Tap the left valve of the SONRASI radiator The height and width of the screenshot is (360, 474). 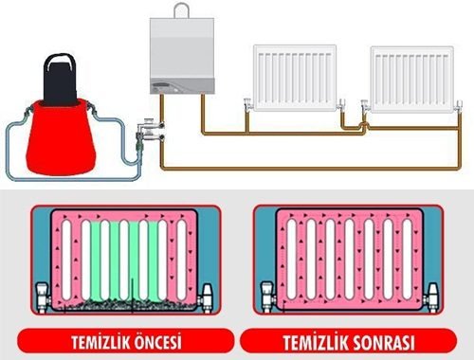click(266, 295)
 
